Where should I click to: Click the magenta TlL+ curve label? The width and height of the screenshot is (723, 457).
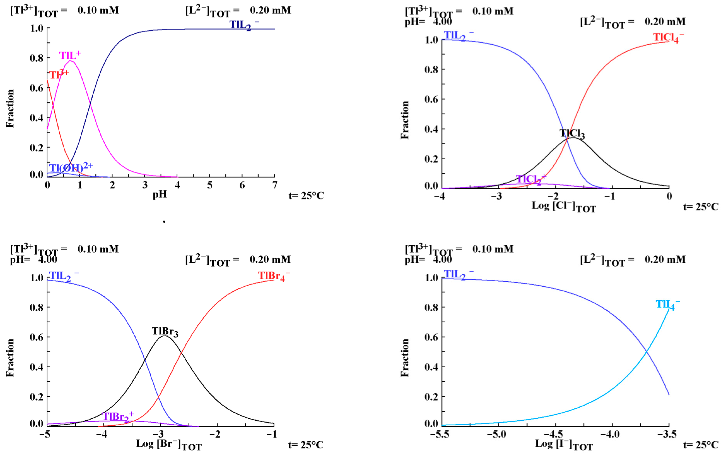[70, 55]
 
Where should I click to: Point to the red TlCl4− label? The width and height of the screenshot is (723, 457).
[668, 38]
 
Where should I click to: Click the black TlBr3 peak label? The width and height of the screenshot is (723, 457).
[165, 331]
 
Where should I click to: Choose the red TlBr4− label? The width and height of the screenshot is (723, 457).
[274, 276]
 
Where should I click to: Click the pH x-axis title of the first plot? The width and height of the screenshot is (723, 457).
[160, 195]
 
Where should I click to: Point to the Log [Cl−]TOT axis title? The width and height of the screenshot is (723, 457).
[563, 207]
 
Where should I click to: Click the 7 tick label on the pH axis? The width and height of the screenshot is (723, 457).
[274, 185]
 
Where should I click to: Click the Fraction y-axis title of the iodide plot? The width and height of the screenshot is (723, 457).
[405, 358]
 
